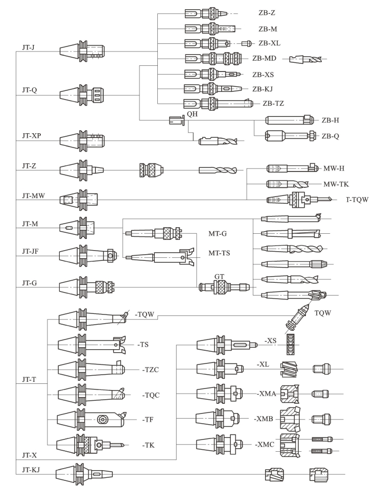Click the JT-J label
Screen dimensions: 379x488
(x=28, y=47)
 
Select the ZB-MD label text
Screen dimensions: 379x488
(x=264, y=59)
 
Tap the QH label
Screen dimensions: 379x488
(x=192, y=114)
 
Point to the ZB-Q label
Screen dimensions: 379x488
(x=330, y=136)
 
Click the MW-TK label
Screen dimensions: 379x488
(x=336, y=184)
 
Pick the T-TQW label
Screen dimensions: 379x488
(x=357, y=200)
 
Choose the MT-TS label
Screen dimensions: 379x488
(x=219, y=253)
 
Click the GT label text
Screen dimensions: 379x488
(x=219, y=276)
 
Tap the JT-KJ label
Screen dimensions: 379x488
(x=31, y=470)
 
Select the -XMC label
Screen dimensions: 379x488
(x=265, y=445)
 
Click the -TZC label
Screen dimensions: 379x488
(x=151, y=370)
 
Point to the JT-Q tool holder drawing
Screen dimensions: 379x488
(x=82, y=95)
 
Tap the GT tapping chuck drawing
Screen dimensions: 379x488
(x=224, y=287)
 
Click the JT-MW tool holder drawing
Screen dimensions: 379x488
(x=79, y=200)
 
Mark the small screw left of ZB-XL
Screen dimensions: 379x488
(x=247, y=43)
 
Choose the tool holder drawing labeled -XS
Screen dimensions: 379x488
(x=227, y=345)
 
